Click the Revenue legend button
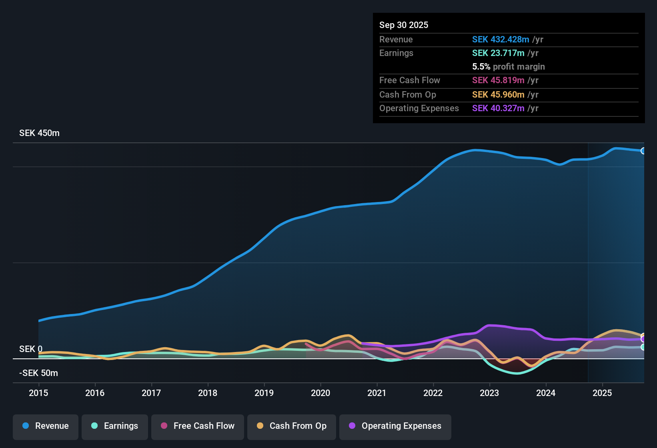click(x=46, y=426)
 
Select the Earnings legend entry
click(x=115, y=426)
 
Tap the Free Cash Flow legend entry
click(x=198, y=426)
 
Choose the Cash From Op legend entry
click(x=292, y=426)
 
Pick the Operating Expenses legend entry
click(x=395, y=426)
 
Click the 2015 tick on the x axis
click(x=38, y=393)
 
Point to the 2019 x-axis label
click(x=264, y=393)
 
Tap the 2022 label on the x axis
click(x=433, y=393)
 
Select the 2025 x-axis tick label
click(x=602, y=393)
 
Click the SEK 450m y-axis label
click(x=39, y=133)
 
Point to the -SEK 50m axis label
click(x=38, y=373)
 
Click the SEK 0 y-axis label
click(x=30, y=349)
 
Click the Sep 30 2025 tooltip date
click(x=403, y=25)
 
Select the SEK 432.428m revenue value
click(x=500, y=39)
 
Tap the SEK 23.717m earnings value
click(x=498, y=53)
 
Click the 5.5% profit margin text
click(x=508, y=67)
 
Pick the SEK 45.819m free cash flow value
click(x=498, y=80)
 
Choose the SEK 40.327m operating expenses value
click(x=498, y=108)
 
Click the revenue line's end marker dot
click(x=643, y=151)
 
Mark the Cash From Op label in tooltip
click(x=407, y=94)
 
